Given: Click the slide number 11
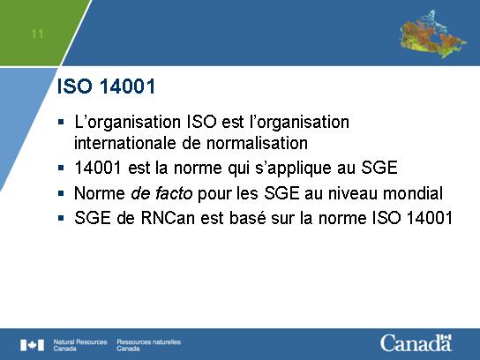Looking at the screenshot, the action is [37, 34].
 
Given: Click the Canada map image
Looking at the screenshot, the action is [432, 34].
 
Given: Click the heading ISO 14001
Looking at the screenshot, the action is [106, 86].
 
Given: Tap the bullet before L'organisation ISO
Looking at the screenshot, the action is [61, 122].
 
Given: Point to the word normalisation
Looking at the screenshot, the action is [257, 143].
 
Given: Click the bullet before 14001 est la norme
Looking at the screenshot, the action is [61, 168].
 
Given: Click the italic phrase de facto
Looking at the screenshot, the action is [161, 193].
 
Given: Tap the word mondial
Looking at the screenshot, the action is [413, 193].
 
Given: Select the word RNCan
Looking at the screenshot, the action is [168, 218].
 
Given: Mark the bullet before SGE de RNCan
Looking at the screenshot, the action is [61, 218].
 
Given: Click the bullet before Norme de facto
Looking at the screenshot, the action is [61, 193].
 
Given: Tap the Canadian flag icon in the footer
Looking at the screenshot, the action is [32, 345].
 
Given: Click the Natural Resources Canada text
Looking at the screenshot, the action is [80, 345].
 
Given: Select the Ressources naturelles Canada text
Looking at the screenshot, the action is [149, 345].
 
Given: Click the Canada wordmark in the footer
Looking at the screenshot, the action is [416, 342].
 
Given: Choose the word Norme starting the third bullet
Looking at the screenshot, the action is [100, 193].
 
